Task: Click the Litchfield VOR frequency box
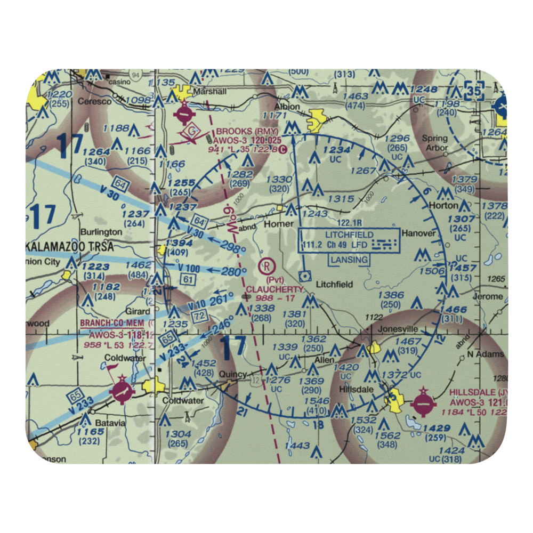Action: click(x=349, y=239)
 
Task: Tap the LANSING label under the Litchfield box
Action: click(x=349, y=260)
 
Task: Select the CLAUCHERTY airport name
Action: click(x=275, y=289)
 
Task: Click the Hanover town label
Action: click(x=418, y=233)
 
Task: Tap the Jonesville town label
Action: click(x=398, y=329)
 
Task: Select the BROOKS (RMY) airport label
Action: click(x=241, y=131)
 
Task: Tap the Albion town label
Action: click(x=287, y=106)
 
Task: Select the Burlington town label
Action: click(x=101, y=232)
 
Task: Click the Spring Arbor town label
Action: click(x=435, y=143)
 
